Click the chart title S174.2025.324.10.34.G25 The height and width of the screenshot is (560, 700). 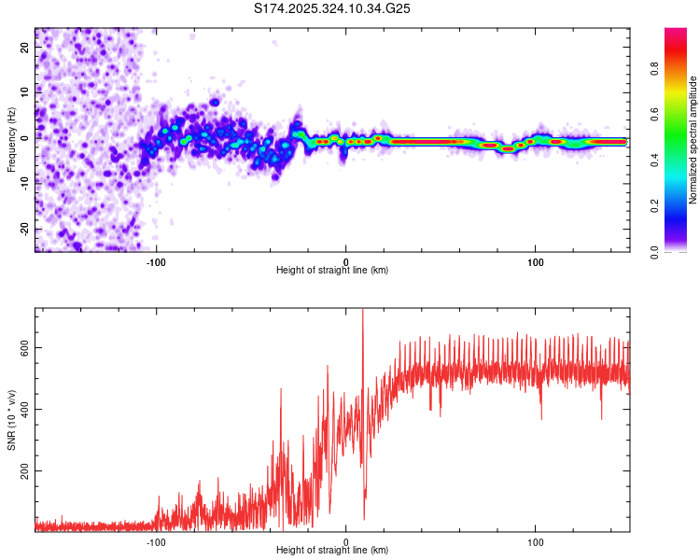[x=333, y=8]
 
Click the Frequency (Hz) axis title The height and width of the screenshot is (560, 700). [x=11, y=140]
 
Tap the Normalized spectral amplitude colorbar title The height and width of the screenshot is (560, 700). [x=693, y=140]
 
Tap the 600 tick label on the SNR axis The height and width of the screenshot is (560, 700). [x=22, y=347]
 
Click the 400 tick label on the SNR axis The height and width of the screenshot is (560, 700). [x=22, y=409]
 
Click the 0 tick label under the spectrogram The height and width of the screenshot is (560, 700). [x=345, y=260]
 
